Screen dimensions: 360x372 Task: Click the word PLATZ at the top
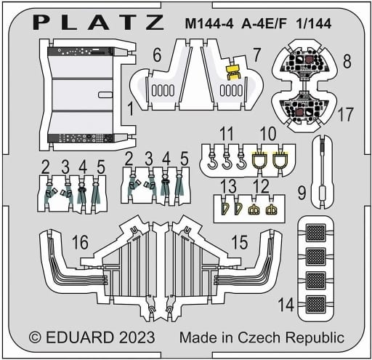101,21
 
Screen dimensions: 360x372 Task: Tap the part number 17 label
345,114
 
